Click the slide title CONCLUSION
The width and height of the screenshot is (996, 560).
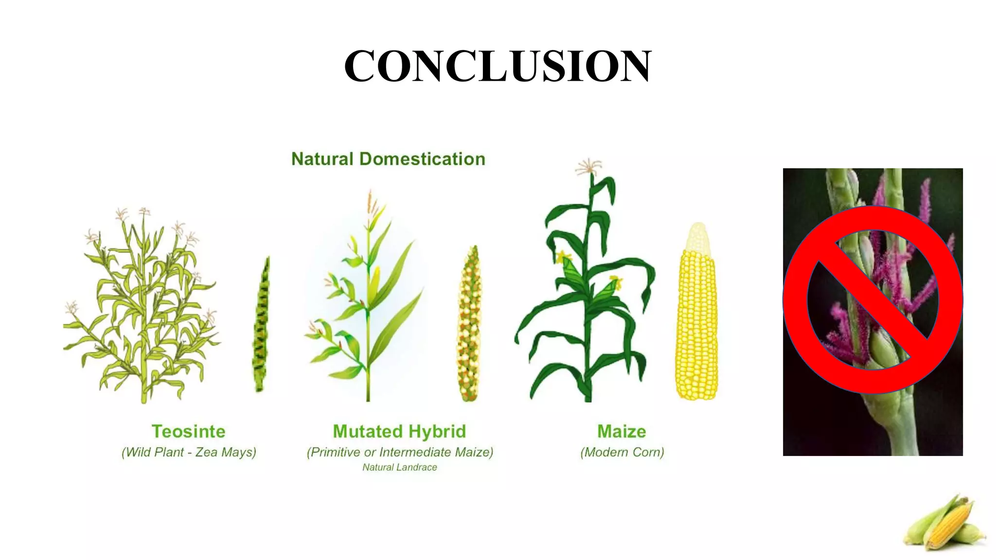497,66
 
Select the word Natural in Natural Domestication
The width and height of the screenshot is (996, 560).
322,159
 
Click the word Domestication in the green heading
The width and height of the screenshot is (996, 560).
422,159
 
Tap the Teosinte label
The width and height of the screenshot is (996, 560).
188,431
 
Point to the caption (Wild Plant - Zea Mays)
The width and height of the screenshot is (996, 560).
188,452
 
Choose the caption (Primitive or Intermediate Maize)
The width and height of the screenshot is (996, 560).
400,452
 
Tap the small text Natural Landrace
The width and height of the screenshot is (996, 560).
400,467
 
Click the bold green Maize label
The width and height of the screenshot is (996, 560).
622,431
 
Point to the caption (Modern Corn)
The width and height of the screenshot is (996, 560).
622,452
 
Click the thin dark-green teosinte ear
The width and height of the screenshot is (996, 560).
261,326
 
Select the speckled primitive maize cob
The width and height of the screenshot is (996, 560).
469,326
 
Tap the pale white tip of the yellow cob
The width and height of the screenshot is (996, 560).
698,238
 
